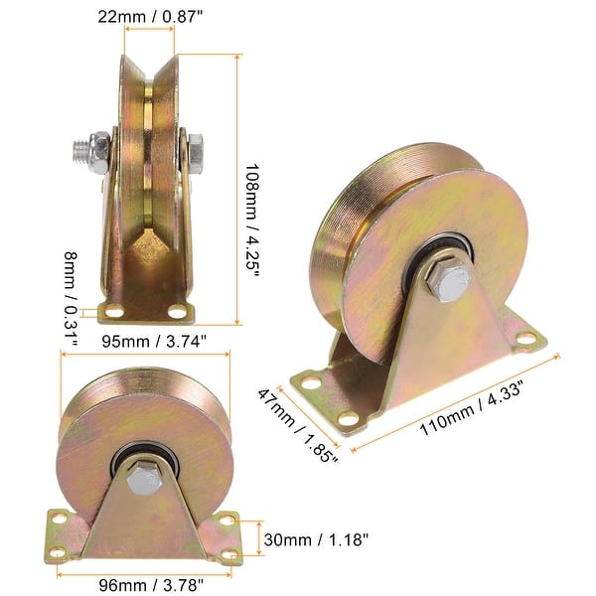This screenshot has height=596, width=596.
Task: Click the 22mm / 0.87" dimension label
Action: point(149,17)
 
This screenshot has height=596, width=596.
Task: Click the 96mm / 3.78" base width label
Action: point(145,586)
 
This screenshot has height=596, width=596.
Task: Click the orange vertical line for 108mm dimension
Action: point(238,189)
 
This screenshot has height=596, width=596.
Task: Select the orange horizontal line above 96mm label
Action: point(145,572)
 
